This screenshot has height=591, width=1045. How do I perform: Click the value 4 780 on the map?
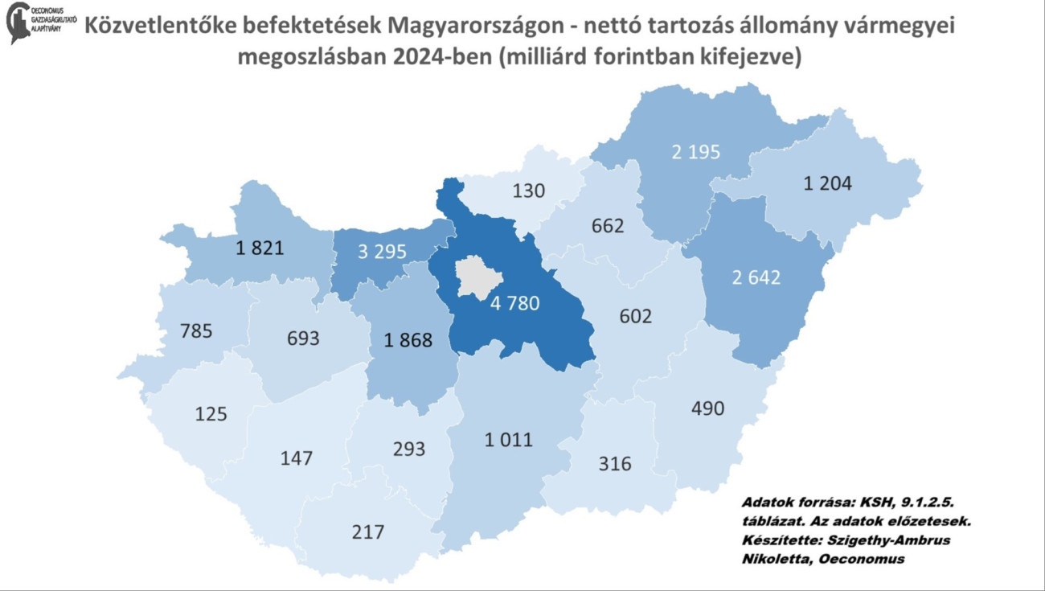(514, 304)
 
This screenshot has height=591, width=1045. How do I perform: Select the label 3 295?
(382, 251)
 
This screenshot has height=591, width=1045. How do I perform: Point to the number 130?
(528, 191)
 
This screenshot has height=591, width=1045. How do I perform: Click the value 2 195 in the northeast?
(695, 152)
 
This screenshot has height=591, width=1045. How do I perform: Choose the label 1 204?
(827, 183)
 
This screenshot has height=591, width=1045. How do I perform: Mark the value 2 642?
(756, 277)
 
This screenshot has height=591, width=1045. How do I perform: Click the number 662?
(607, 226)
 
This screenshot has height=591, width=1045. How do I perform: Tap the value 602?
(635, 316)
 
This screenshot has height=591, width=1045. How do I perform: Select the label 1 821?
(259, 247)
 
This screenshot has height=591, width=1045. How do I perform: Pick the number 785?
(196, 330)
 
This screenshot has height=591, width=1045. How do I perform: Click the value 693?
(302, 339)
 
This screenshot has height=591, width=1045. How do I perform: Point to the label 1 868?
(408, 340)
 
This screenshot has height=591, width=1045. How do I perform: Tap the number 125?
(211, 414)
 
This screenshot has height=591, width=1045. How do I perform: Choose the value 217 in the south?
(367, 531)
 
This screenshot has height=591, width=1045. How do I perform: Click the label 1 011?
(508, 440)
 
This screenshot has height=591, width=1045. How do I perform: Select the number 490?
(707, 408)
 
